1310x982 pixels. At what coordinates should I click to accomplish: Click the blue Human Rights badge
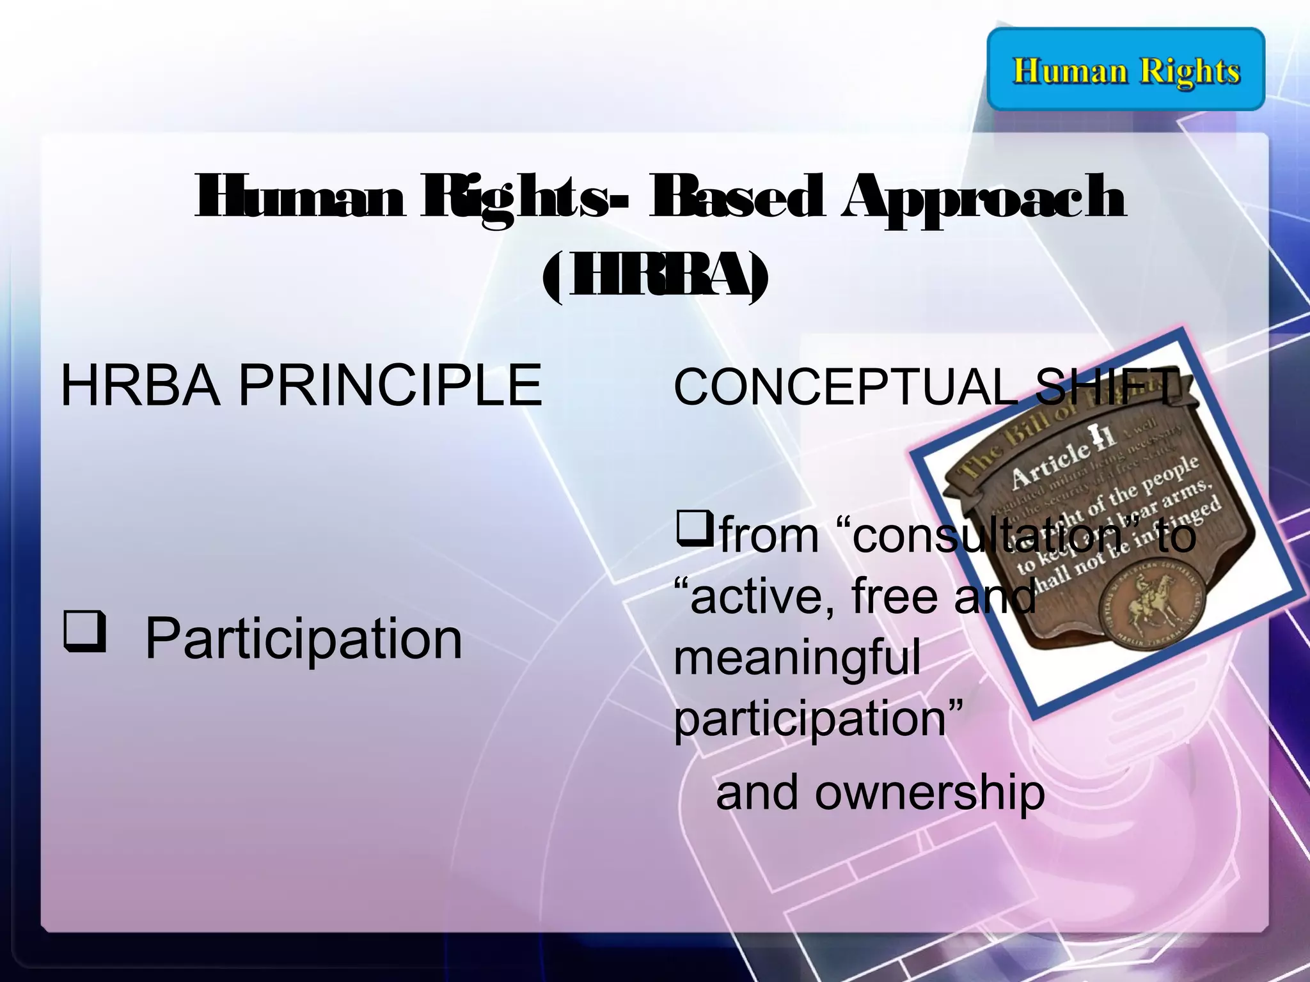tap(1126, 69)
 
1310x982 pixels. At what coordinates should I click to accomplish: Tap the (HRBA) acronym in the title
tap(655, 279)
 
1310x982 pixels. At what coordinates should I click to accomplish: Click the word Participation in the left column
tap(303, 639)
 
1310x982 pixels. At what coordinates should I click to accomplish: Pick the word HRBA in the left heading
tap(140, 386)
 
